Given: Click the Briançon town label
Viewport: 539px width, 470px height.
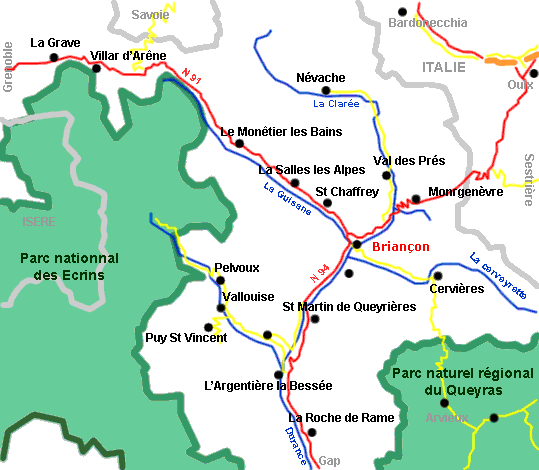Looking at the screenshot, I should [x=400, y=246].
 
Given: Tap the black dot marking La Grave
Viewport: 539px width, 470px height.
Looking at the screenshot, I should [x=55, y=59].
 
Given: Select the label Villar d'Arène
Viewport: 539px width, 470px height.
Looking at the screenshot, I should [x=128, y=55].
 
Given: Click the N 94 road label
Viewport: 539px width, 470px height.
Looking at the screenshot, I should [x=320, y=270].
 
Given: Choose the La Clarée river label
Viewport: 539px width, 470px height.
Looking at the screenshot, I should [x=335, y=103].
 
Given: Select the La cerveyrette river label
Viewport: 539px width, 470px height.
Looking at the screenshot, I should [x=497, y=271].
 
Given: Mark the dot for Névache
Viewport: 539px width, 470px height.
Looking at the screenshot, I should [x=325, y=90].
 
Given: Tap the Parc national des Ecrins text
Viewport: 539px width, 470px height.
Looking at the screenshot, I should [x=69, y=266].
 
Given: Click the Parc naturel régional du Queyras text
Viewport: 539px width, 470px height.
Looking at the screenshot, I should [x=447, y=381].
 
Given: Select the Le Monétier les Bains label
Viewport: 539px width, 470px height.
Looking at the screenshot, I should [x=281, y=131].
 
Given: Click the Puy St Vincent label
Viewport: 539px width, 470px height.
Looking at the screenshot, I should [x=186, y=338].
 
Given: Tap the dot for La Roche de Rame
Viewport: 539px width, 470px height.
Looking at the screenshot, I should [x=312, y=432].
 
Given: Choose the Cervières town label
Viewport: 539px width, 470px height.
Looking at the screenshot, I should [x=456, y=289].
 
